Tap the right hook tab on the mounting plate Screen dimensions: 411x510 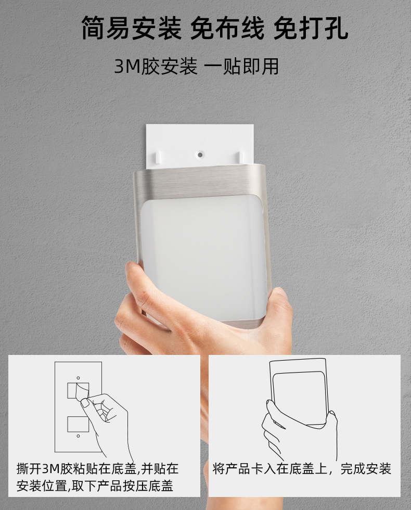(x=241, y=156)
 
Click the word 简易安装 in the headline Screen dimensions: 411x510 (x=131, y=28)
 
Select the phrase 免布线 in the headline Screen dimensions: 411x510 (x=227, y=28)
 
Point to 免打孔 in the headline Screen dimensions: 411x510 (x=311, y=28)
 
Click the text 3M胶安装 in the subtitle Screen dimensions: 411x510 (x=156, y=67)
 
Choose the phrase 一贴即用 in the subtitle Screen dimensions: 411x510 (x=242, y=67)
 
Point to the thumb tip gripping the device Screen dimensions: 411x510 (x=134, y=270)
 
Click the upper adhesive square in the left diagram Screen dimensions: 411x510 (x=78, y=391)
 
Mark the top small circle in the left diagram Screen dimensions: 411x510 (x=78, y=378)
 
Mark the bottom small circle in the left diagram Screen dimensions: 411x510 (x=78, y=436)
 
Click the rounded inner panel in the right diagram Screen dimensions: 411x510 (x=299, y=399)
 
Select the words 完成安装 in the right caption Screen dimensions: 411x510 (x=365, y=469)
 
